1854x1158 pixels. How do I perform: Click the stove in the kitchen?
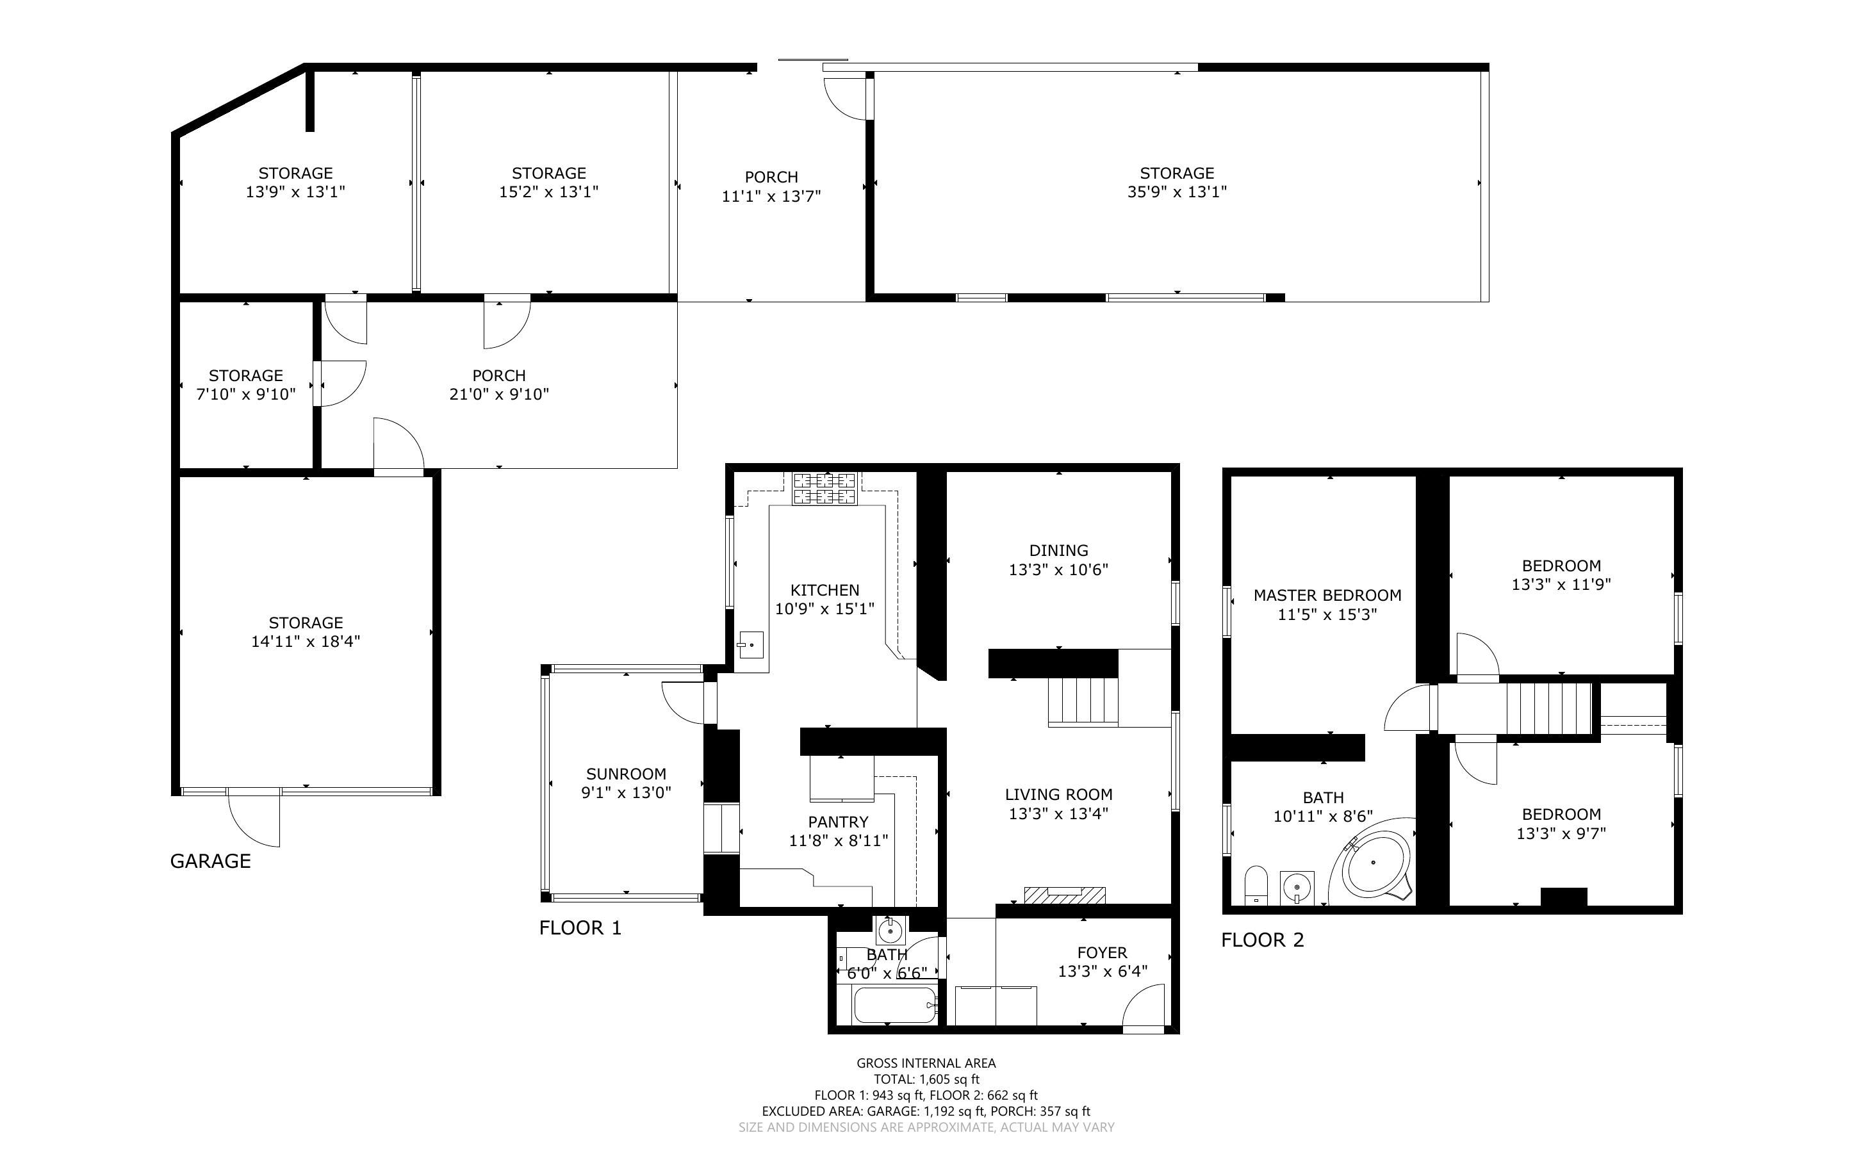(824, 489)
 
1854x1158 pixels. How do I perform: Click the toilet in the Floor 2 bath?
(1256, 885)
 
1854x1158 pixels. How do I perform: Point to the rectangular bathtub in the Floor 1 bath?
(895, 1005)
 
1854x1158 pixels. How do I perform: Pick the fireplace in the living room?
(1065, 895)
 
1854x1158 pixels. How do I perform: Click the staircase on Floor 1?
(1083, 700)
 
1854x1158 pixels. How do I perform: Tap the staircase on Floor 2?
(1548, 708)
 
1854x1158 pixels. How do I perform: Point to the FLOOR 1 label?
(580, 928)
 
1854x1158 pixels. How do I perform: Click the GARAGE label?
(211, 861)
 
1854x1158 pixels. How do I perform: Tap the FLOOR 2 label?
(1262, 940)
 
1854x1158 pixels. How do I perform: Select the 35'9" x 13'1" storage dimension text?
(1176, 192)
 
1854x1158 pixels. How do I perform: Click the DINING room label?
(1058, 551)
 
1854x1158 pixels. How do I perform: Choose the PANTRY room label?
(838, 822)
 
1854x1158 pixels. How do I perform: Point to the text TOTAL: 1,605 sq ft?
(926, 1079)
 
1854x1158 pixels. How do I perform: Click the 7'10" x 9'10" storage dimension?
(246, 395)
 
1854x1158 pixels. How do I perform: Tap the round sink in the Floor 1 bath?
(890, 931)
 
